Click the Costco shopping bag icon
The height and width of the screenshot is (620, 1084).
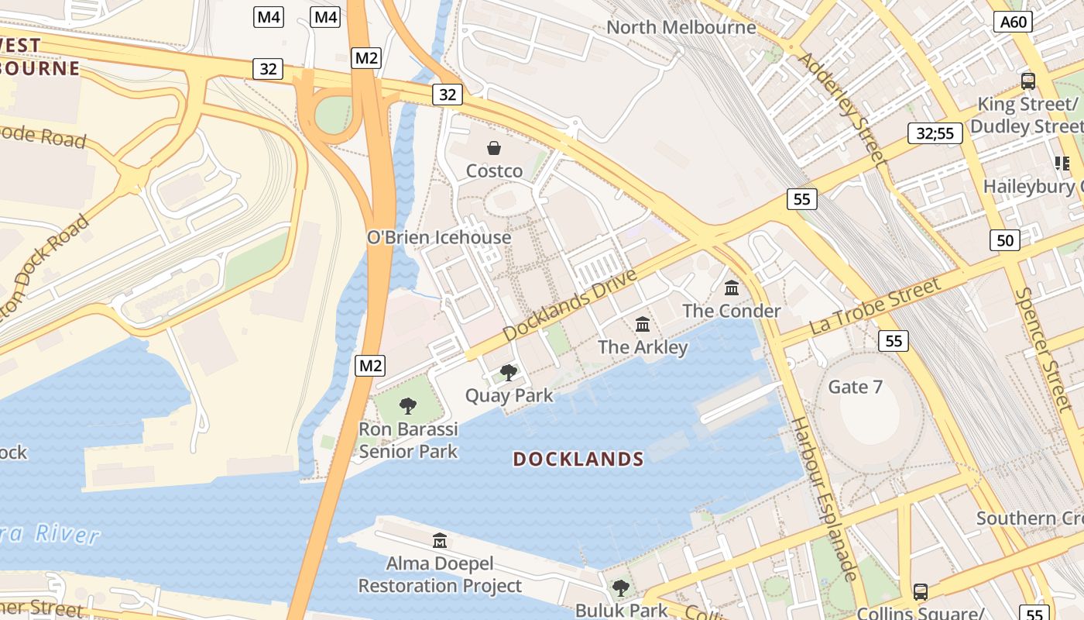(x=494, y=148)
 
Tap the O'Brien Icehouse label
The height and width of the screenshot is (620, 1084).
(x=439, y=237)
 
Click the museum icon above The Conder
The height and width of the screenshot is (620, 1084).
(x=732, y=288)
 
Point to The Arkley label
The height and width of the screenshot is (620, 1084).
(x=643, y=346)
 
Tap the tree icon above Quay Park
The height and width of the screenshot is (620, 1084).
(x=509, y=373)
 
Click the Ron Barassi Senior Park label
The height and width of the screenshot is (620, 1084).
(x=408, y=440)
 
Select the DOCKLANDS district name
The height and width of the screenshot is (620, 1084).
(x=578, y=460)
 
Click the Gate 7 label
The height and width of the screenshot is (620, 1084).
(x=855, y=387)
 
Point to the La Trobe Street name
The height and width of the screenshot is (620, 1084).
(x=875, y=307)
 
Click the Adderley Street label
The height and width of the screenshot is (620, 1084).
(x=842, y=108)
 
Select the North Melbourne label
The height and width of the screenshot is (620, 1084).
(x=681, y=28)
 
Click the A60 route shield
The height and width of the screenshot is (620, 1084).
(x=1014, y=22)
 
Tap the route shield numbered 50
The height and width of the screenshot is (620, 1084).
(x=1005, y=240)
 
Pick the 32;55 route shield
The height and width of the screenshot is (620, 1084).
(x=935, y=133)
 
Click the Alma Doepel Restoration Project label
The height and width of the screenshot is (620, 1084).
(x=440, y=574)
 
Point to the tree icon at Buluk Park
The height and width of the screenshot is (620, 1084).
(x=621, y=588)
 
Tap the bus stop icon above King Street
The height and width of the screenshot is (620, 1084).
(x=1028, y=81)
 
